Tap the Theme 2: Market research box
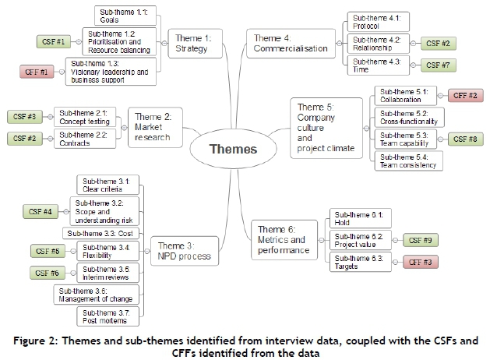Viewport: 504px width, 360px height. coord(153,127)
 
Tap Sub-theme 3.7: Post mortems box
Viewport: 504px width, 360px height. coord(107,316)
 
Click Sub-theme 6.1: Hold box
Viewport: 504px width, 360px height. coord(359,217)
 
